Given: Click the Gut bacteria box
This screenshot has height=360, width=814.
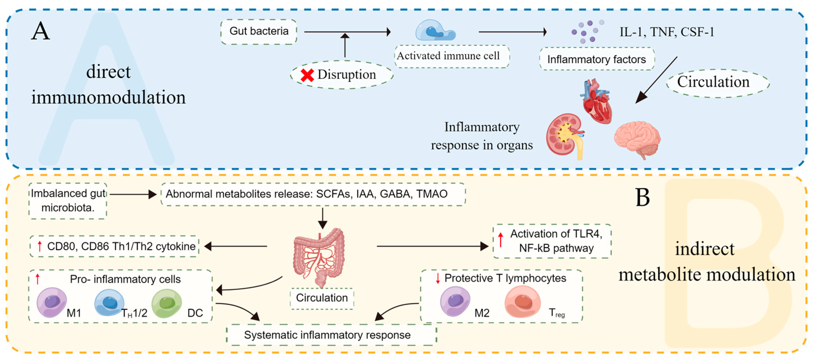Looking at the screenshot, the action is pyautogui.click(x=259, y=32).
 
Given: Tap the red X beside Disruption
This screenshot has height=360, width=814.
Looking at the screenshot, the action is pyautogui.click(x=307, y=75).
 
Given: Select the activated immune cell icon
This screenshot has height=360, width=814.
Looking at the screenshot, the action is pyautogui.click(x=435, y=30).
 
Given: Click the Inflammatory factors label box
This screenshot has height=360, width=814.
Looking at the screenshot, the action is pyautogui.click(x=597, y=59).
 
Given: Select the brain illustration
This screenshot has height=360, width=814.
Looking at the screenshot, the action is pyautogui.click(x=638, y=139).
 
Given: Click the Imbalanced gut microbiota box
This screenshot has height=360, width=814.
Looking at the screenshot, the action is pyautogui.click(x=68, y=201).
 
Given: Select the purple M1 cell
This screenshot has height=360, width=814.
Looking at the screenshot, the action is pyautogui.click(x=52, y=302).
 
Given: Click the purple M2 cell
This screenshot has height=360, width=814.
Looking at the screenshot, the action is pyautogui.click(x=455, y=301).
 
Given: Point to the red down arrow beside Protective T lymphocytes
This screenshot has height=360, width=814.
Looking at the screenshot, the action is pyautogui.click(x=438, y=278).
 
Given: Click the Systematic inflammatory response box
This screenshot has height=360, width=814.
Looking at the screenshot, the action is pyautogui.click(x=332, y=335).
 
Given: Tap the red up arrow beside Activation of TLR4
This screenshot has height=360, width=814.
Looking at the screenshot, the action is pyautogui.click(x=501, y=240).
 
